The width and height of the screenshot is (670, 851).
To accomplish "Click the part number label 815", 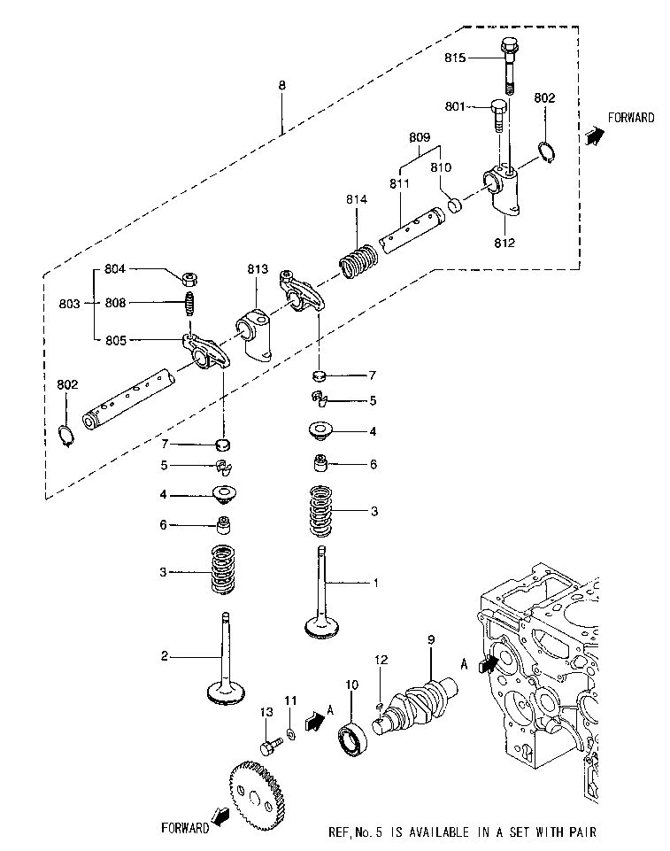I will coord(456,58).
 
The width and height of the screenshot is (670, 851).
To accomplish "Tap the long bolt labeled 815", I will coord(509,65).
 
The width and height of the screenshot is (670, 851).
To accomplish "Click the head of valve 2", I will coord(227,692).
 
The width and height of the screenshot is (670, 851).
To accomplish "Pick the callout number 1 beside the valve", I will coord(375,583).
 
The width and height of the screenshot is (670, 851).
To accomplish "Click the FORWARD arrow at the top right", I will coord(595,133).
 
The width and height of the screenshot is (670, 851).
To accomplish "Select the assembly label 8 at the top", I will coord(281,85).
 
